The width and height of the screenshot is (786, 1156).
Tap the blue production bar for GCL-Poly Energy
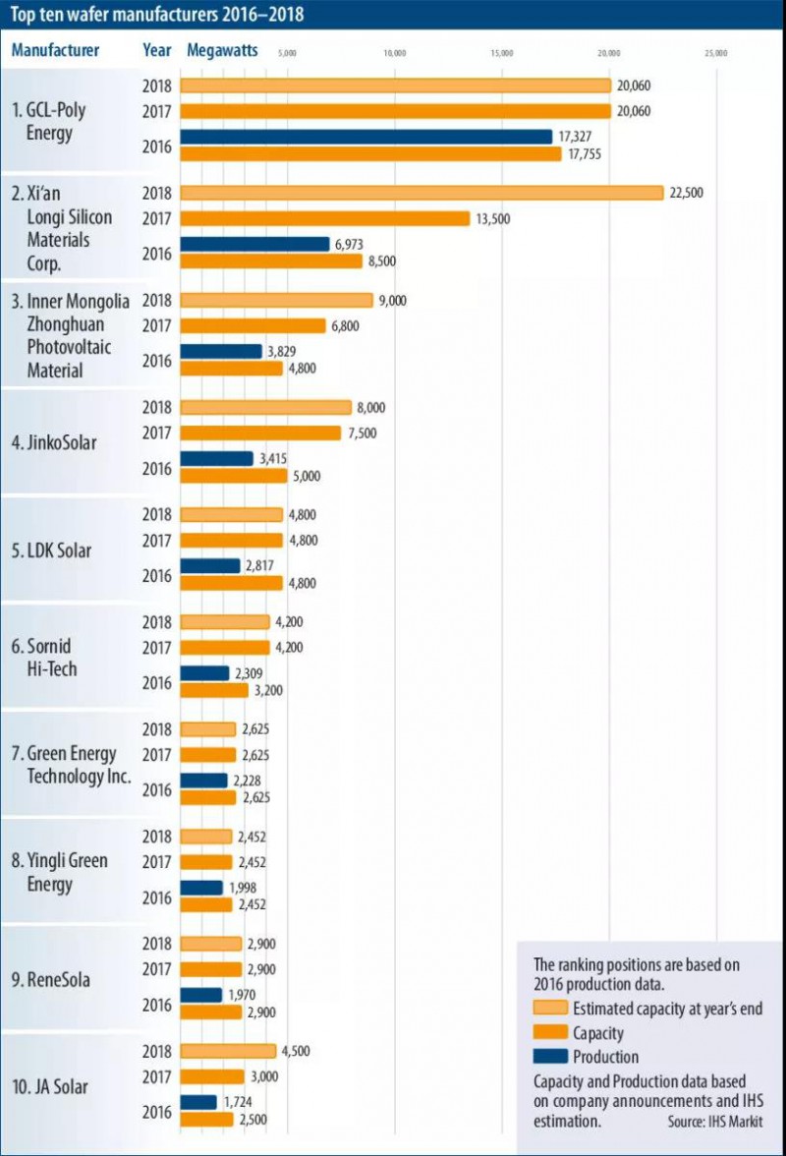(366, 137)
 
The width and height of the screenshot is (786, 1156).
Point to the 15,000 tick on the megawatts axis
(501, 55)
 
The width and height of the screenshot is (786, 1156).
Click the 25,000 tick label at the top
(715, 55)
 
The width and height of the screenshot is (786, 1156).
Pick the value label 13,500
(493, 218)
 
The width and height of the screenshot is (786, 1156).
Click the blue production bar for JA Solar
(199, 1103)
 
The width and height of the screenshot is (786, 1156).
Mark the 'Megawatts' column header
(222, 51)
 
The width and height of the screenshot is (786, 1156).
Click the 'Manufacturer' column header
(54, 51)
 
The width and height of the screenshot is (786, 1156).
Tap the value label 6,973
(353, 243)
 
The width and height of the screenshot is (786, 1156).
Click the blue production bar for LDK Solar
(210, 566)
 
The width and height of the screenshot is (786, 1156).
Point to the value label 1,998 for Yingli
(246, 888)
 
